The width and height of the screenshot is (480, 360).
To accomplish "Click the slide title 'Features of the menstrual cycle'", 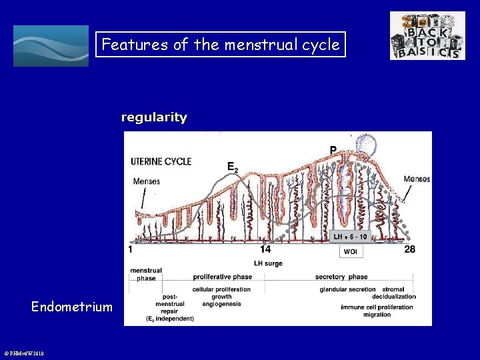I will click(221, 45).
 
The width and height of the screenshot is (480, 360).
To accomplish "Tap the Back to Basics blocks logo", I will click(427, 36).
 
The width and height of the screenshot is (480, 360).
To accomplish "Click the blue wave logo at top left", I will click(51, 46).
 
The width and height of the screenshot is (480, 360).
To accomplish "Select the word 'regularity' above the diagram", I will click(154, 117).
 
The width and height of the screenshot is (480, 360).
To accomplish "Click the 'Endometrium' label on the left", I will click(72, 307).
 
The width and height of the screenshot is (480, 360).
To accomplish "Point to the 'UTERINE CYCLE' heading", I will click(161, 161).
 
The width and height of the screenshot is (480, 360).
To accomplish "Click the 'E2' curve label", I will click(233, 167).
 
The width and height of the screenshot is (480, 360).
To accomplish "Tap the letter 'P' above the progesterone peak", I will click(333, 149).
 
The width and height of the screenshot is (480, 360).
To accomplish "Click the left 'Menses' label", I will click(146, 181).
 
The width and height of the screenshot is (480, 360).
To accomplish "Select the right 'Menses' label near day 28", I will click(417, 179).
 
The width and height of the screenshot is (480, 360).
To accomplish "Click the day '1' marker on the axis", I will click(131, 249).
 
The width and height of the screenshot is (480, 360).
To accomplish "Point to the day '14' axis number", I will click(265, 249).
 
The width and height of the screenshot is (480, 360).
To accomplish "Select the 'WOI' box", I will click(351, 251).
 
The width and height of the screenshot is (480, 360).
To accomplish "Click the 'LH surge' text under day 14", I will click(268, 263).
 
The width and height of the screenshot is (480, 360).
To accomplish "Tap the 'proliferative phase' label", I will click(222, 277).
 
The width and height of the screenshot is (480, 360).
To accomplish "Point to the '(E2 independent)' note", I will click(170, 319).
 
